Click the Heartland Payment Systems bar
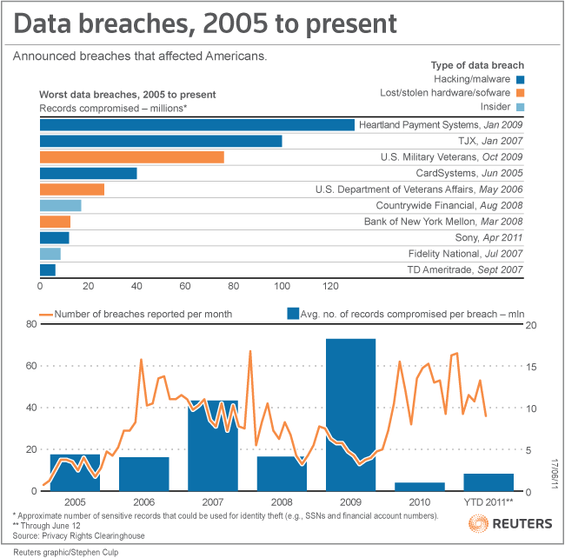(197, 125)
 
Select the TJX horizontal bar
(161, 141)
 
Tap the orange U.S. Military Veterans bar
(132, 157)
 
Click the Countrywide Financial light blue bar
(61, 205)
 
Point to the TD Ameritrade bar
(48, 269)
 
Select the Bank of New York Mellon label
(455, 222)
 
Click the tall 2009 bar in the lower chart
(350, 414)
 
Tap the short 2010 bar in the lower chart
(419, 487)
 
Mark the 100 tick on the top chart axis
(282, 285)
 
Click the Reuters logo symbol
(478, 524)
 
